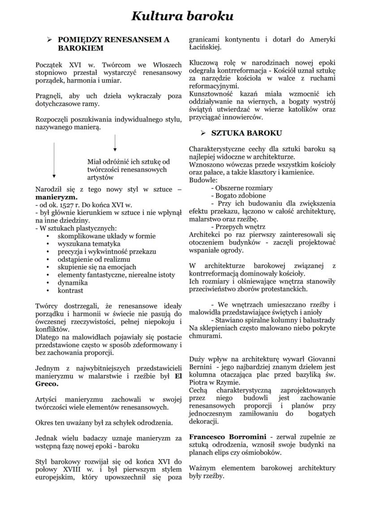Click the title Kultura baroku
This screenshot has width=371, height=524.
tap(182, 16)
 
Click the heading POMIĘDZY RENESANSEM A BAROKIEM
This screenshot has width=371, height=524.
tap(114, 44)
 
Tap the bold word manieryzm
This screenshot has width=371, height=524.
tap(56, 196)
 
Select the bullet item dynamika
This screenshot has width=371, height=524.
tap(73, 283)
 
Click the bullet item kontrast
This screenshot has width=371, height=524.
tap(70, 291)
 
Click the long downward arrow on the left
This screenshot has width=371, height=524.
tap(54, 161)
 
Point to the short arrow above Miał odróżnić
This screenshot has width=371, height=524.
tap(115, 143)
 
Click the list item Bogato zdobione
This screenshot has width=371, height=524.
tap(240, 196)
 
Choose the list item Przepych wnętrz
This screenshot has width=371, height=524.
tap(240, 227)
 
